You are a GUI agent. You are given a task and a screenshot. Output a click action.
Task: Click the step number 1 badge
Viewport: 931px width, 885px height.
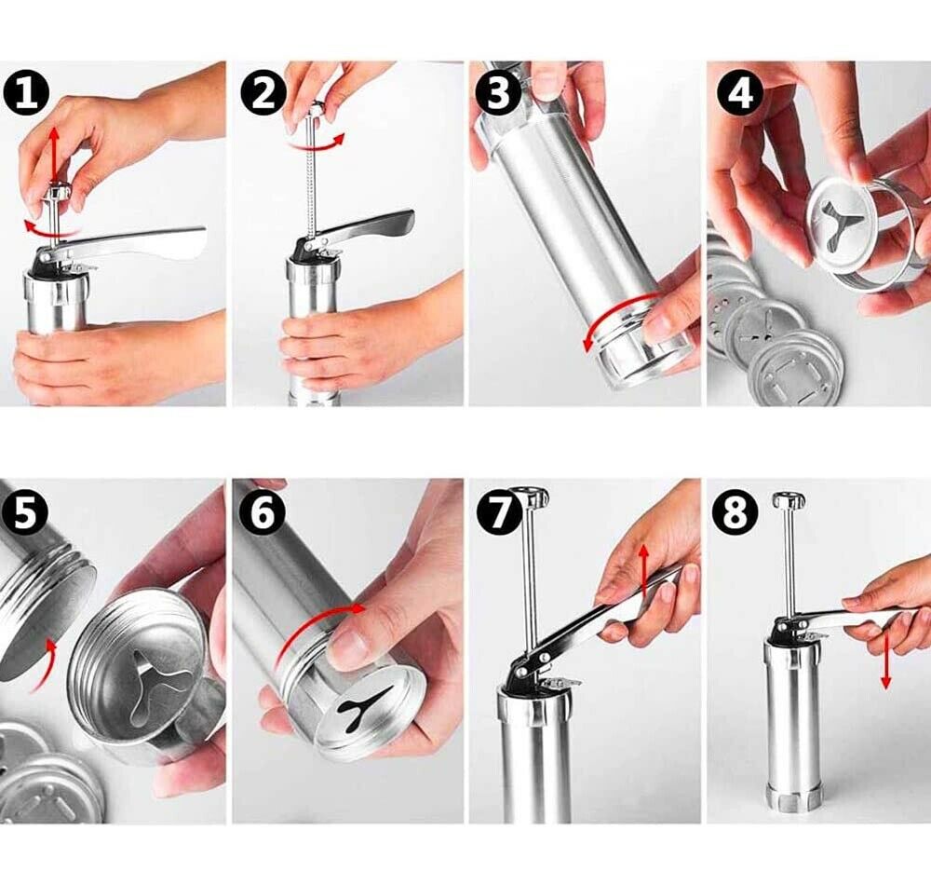tap(26, 95)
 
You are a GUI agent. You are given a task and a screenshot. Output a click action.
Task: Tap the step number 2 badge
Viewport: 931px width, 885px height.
tap(263, 94)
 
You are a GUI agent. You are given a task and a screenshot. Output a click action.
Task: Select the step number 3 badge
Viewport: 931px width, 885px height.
tap(499, 94)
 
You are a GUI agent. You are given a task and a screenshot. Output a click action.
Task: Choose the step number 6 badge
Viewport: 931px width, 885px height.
tap(263, 513)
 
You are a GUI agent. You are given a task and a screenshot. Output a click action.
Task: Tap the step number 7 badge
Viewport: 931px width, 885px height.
tap(499, 513)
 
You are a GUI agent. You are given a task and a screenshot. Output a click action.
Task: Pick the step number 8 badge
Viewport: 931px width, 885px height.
tap(735, 513)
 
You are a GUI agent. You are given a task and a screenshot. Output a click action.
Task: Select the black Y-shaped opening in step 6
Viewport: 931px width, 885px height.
tap(366, 704)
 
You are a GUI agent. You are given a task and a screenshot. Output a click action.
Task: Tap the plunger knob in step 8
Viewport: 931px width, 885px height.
tap(789, 499)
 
